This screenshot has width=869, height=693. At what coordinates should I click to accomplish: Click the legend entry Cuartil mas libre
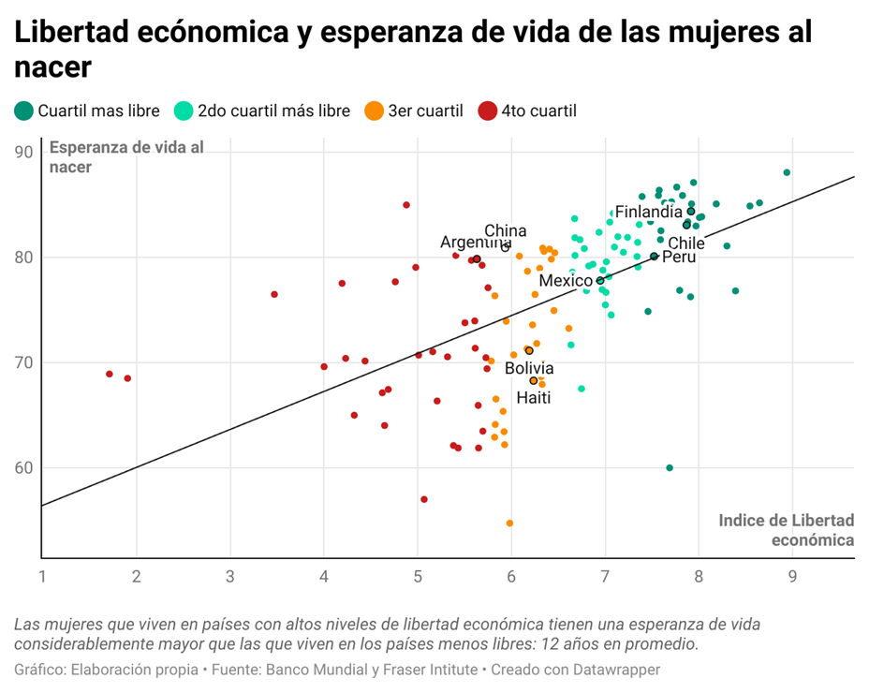click(x=87, y=111)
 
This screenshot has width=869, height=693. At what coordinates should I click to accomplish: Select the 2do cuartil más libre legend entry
click(x=263, y=111)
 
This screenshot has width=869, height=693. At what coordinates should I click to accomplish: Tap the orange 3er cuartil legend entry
click(x=414, y=111)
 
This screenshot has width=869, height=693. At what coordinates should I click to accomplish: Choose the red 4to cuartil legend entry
click(x=527, y=111)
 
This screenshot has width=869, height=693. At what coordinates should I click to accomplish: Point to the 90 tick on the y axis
click(x=23, y=152)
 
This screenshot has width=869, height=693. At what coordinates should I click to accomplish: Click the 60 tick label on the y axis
click(x=23, y=468)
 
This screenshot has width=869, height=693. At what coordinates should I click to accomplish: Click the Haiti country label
click(x=534, y=398)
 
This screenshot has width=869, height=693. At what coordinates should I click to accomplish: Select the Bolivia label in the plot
click(x=529, y=369)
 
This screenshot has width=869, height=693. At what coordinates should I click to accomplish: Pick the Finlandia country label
click(x=648, y=212)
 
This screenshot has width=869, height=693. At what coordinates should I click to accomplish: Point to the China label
click(x=506, y=230)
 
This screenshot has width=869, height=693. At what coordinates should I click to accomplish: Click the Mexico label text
click(x=567, y=281)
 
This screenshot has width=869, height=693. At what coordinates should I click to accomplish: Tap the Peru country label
click(x=679, y=257)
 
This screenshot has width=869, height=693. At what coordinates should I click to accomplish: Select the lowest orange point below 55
click(x=509, y=523)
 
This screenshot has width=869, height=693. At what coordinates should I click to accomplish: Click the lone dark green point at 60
click(x=670, y=468)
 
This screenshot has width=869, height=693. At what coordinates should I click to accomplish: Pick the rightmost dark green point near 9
click(x=787, y=172)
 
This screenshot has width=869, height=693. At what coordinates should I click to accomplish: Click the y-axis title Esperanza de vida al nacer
click(x=125, y=156)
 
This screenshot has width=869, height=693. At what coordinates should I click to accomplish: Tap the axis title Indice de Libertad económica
click(x=787, y=529)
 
